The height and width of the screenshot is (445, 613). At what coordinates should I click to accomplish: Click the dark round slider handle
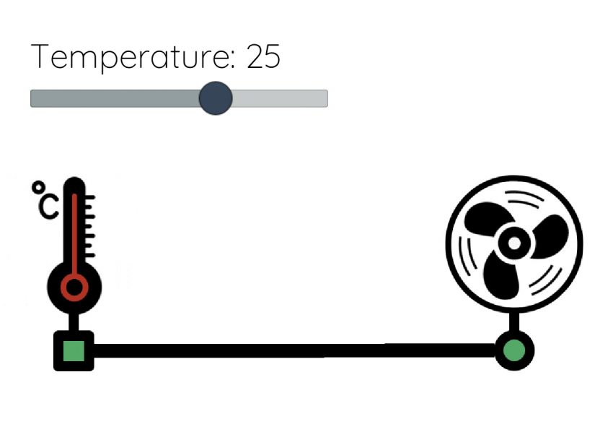coord(215,98)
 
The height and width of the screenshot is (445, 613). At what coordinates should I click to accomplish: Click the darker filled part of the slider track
coord(115,98)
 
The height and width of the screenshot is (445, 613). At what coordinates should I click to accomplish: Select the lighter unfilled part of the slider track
coord(281,98)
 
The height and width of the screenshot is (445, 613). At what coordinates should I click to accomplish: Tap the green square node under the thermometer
coord(74,351)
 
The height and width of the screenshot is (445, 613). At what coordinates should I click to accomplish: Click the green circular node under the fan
coord(514,350)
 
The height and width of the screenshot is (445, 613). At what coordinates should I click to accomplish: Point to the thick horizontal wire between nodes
coord(288,350)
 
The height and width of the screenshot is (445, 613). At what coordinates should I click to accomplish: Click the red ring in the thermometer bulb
coord(74,287)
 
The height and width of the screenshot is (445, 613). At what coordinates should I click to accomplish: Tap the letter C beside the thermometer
coord(48,207)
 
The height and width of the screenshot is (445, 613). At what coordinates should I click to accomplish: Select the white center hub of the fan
coord(514,243)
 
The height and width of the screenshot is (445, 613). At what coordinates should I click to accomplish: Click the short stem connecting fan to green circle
coord(514,324)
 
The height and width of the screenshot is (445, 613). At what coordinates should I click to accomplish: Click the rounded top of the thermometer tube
coord(74,183)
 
